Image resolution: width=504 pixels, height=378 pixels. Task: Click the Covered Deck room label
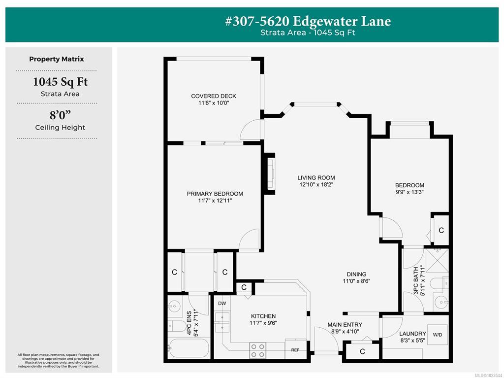(x=214, y=96)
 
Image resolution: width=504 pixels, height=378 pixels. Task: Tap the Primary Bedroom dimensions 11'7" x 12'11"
(x=215, y=201)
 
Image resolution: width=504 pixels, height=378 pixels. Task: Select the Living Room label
(x=316, y=178)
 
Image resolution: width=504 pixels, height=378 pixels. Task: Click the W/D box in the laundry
(x=437, y=335)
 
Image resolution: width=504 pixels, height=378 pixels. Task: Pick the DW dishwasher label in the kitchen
(x=222, y=303)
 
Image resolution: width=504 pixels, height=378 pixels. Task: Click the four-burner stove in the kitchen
(x=258, y=350)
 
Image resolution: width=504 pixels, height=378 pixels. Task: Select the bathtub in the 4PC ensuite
(x=189, y=348)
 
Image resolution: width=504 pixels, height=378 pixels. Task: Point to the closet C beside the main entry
(x=362, y=351)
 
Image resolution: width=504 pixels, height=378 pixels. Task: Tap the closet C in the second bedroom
(x=441, y=230)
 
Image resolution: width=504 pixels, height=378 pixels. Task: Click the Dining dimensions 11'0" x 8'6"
(x=356, y=281)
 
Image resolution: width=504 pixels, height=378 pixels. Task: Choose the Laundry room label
(x=412, y=334)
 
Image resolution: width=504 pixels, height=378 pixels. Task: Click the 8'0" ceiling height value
(x=60, y=115)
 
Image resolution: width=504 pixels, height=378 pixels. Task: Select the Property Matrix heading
(x=57, y=59)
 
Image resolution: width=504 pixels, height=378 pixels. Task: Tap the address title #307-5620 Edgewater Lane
(x=308, y=21)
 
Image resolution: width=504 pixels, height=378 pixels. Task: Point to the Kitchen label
(x=263, y=316)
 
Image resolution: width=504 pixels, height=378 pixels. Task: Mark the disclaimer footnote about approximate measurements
(x=58, y=361)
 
